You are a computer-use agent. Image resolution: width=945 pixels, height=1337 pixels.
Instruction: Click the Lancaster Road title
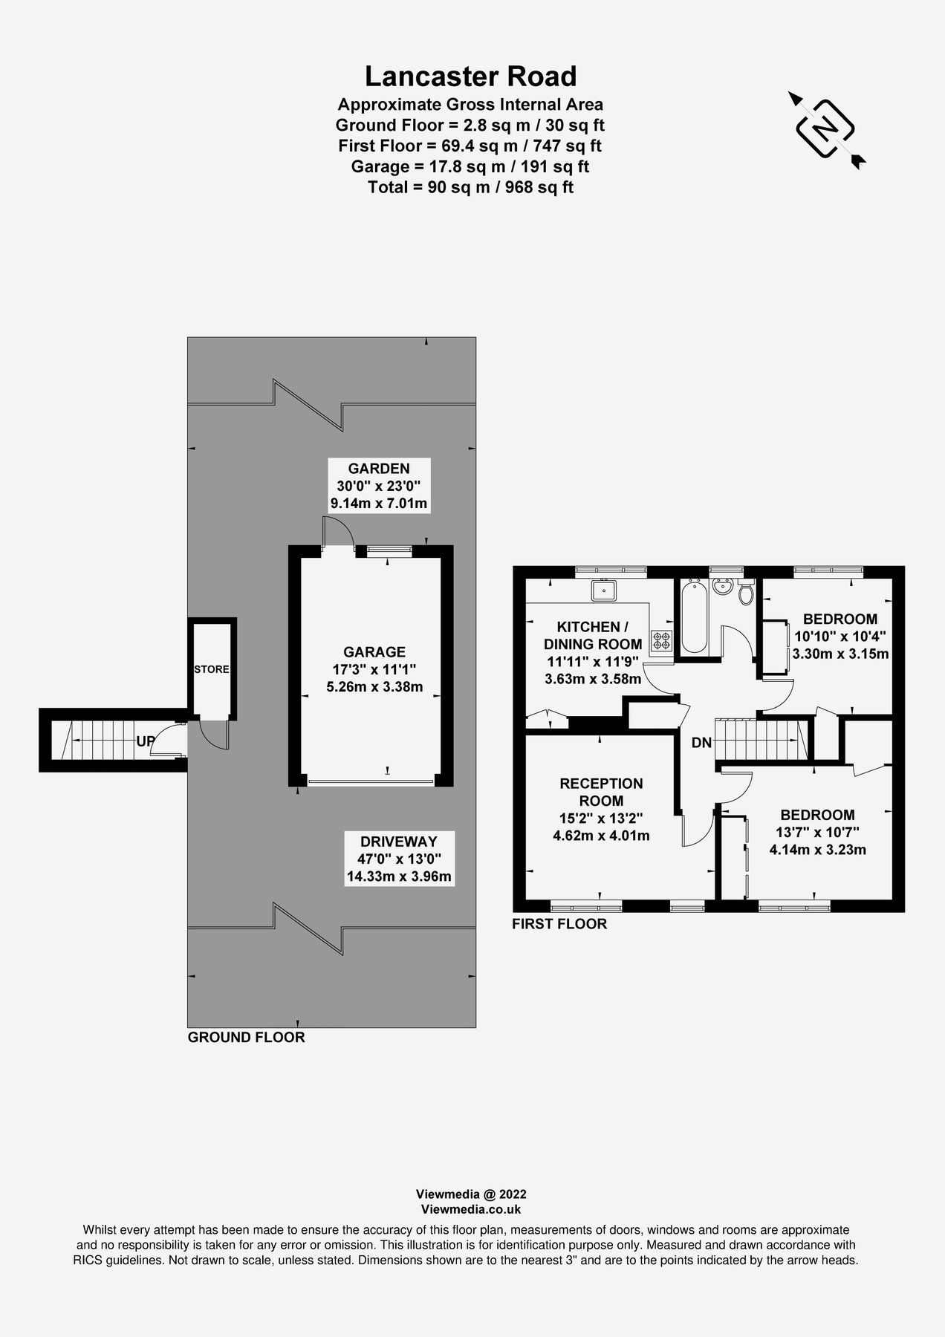point(470,77)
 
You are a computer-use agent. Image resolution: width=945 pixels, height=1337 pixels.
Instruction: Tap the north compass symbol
point(825,129)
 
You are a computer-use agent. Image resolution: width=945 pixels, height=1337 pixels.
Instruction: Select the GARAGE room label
point(374,652)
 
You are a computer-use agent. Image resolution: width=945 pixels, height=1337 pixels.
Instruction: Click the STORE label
point(212,669)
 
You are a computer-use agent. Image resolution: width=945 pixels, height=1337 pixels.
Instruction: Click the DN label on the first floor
point(701,743)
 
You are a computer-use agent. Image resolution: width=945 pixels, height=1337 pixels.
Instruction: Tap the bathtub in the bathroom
point(694,617)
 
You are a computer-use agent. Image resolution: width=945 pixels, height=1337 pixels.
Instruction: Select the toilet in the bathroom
point(746,594)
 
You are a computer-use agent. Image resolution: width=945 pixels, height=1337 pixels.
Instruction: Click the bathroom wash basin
point(721,587)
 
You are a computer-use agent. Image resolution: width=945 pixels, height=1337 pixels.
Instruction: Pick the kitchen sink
point(605,591)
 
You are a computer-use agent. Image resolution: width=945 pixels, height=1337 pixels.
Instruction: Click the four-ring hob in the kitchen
point(661,641)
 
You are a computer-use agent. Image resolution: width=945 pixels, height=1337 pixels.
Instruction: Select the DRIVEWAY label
point(399,842)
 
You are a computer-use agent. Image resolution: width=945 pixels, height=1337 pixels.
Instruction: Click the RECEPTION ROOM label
point(601,792)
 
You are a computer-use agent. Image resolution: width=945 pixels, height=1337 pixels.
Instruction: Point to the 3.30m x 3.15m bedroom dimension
point(840,654)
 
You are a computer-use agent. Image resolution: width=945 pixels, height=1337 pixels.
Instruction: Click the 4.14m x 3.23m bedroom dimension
point(817,850)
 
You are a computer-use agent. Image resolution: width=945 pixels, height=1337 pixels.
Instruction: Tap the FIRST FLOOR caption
point(559,924)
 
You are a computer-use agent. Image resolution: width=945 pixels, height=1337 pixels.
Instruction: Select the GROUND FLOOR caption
point(246,1037)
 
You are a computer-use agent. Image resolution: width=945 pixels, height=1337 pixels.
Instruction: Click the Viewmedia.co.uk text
point(471,1209)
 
